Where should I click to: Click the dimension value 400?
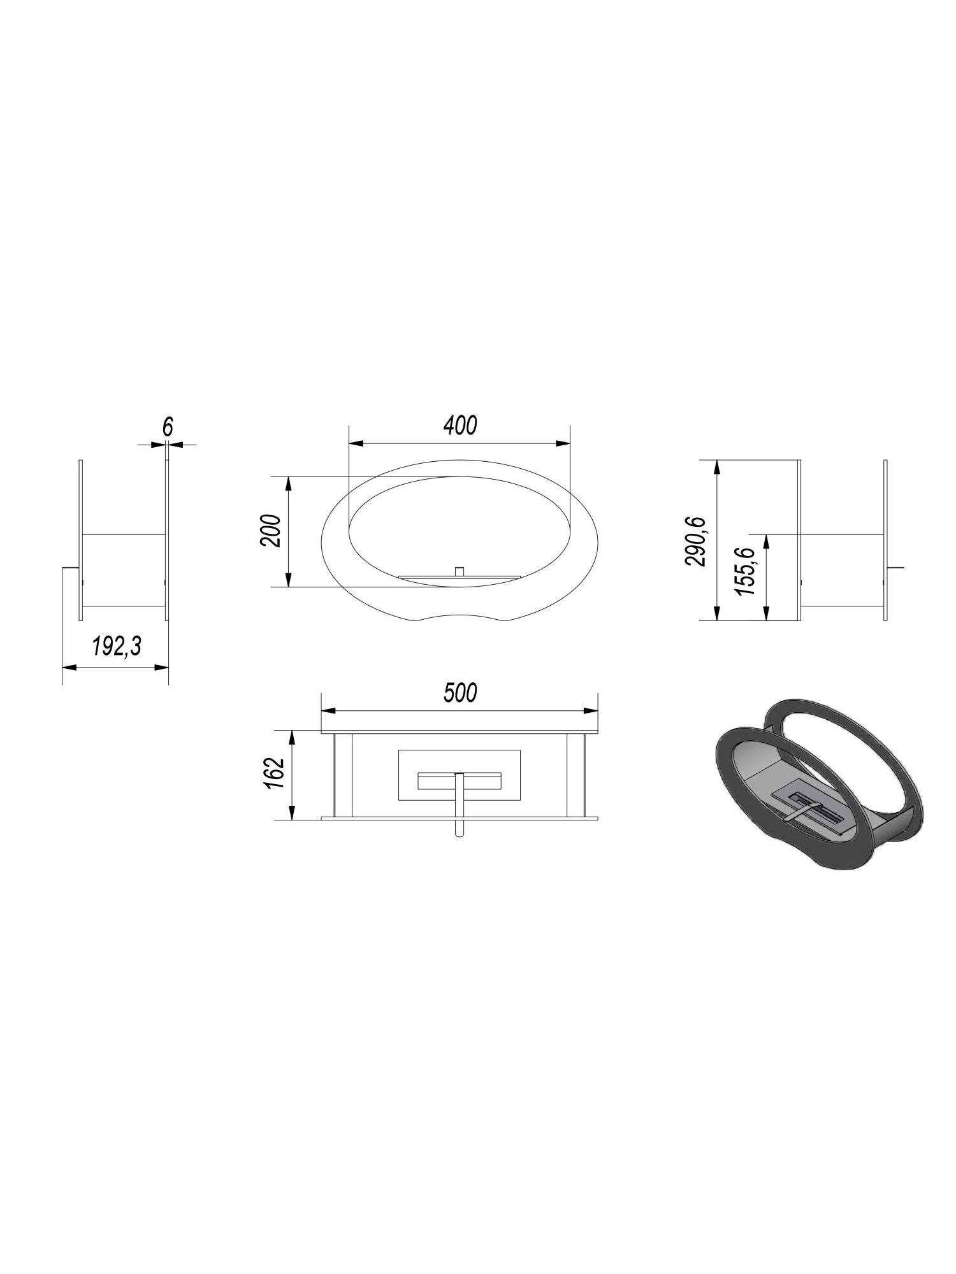(x=460, y=426)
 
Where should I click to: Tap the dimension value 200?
(x=270, y=530)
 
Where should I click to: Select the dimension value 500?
(x=460, y=692)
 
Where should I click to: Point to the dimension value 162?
(x=273, y=774)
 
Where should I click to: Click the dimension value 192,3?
(x=115, y=647)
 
